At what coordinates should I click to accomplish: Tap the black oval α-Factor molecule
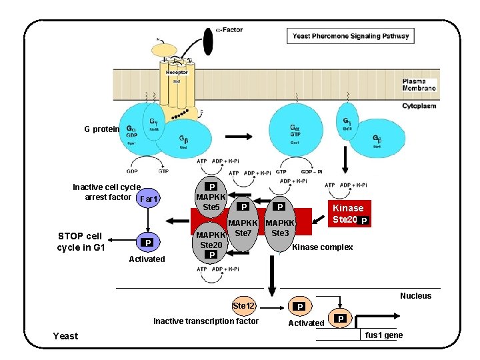[208, 41]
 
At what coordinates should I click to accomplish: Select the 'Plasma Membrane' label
[419, 85]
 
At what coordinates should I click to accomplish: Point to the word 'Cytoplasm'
[419, 106]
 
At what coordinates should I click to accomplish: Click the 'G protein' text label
[101, 129]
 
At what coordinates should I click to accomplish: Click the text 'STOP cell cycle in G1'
[80, 242]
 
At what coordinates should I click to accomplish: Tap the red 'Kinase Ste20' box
[347, 213]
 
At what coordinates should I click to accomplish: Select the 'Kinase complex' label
[323, 247]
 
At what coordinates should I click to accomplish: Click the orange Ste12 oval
[244, 305]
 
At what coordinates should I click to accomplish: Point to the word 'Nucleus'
[415, 296]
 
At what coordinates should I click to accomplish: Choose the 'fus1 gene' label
[384, 335]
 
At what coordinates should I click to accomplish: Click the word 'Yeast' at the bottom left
[65, 336]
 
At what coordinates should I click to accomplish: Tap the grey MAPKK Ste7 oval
[243, 230]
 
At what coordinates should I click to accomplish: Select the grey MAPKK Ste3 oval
[280, 230]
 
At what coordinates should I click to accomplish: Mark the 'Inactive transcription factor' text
[206, 321]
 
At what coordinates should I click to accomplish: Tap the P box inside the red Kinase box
[364, 221]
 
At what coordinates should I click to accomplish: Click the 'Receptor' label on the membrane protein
[177, 72]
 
